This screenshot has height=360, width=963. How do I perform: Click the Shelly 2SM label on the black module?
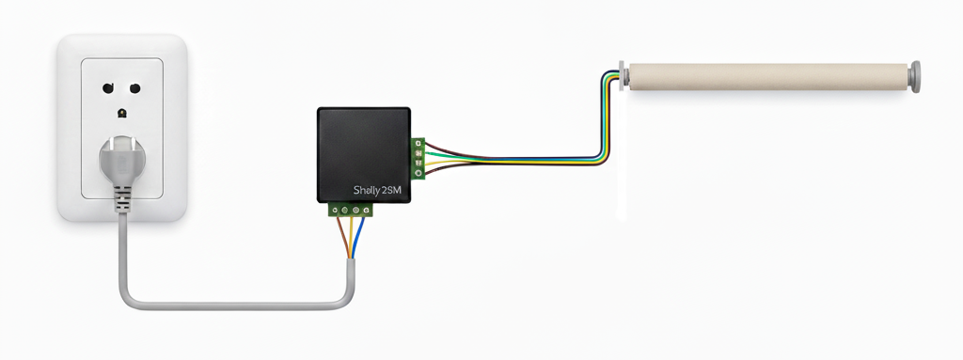pyautogui.click(x=377, y=191)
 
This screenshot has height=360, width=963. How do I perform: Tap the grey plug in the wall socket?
pyautogui.click(x=122, y=161)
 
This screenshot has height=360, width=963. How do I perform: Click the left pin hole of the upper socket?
pyautogui.click(x=108, y=87)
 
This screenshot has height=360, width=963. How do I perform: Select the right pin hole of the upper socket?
pyautogui.click(x=135, y=87)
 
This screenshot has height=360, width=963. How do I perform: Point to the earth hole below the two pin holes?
pyautogui.click(x=122, y=113)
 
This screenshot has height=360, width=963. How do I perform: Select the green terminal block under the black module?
pyautogui.click(x=350, y=211)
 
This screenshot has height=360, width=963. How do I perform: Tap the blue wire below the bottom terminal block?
pyautogui.click(x=358, y=238)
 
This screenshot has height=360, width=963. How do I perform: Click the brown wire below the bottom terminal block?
pyautogui.click(x=342, y=238)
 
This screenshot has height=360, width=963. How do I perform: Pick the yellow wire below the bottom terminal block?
pyautogui.click(x=351, y=238)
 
